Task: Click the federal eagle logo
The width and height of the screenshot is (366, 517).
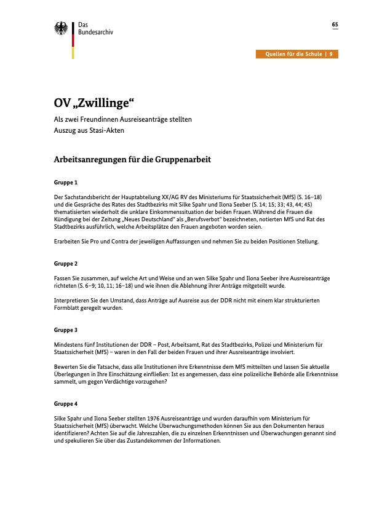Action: point(61,28)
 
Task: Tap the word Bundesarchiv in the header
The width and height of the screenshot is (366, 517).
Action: point(96,32)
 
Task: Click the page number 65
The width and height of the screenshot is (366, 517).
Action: point(335,25)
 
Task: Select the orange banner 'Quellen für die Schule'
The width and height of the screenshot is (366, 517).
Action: point(298,54)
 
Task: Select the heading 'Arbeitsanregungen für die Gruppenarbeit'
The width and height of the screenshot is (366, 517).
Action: point(133,160)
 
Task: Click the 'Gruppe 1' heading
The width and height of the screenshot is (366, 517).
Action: point(66,183)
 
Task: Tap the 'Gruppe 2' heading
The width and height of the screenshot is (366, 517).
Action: point(66,263)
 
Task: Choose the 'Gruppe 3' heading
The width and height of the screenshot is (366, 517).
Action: point(66,330)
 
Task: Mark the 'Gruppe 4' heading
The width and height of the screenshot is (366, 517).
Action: point(66,403)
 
